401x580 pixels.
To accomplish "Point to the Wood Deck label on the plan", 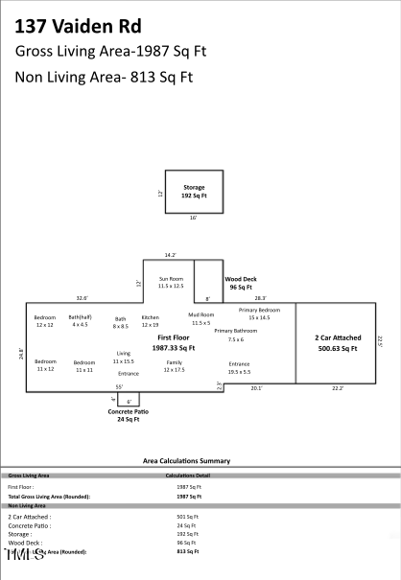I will (239, 283).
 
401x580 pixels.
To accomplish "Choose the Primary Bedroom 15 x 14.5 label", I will (261, 313).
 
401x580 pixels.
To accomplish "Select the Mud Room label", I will (200, 318).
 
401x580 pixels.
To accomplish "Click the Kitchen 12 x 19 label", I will (151, 321).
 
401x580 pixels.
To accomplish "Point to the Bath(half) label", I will (80, 321).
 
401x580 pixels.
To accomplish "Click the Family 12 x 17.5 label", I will (174, 366).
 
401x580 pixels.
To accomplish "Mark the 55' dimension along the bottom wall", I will (119, 386).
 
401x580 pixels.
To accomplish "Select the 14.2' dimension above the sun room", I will (170, 255).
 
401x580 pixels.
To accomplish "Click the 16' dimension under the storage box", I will (193, 218).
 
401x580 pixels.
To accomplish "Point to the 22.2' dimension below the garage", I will (337, 388).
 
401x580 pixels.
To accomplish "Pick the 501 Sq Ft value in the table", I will (174, 517).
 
